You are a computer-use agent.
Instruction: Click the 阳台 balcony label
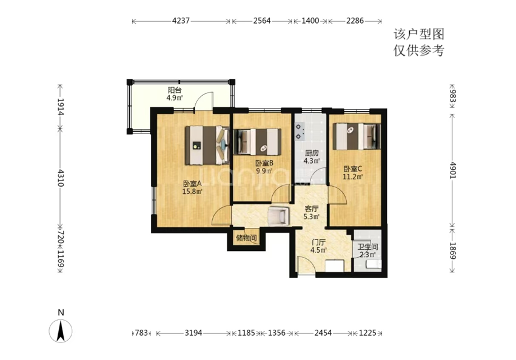click(175, 90)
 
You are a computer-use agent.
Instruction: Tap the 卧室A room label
click(192, 184)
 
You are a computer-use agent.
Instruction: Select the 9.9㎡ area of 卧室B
click(264, 171)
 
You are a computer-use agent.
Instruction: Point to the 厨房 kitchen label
click(311, 153)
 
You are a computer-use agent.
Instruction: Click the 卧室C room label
click(353, 169)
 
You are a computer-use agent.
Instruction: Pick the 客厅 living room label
click(311, 208)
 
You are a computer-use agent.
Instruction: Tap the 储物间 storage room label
click(246, 238)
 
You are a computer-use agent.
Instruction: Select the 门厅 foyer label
click(318, 242)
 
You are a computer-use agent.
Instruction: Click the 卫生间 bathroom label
click(367, 247)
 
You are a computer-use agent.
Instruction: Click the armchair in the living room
click(279, 216)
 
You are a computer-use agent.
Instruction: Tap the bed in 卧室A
click(207, 145)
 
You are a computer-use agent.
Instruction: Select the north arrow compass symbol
click(61, 330)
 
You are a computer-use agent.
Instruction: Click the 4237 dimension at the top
click(181, 21)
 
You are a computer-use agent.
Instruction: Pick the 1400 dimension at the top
click(310, 21)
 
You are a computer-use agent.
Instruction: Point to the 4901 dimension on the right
click(453, 170)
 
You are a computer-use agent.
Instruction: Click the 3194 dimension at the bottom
click(193, 333)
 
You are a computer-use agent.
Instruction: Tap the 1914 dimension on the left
click(60, 107)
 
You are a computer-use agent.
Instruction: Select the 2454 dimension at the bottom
click(323, 333)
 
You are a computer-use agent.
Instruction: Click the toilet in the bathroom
click(374, 264)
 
